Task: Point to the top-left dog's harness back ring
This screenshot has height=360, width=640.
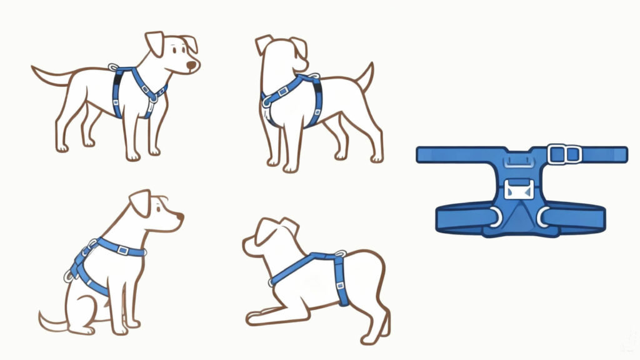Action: [x=113, y=67]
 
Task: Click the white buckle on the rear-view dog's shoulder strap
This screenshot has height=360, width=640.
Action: [x=282, y=92]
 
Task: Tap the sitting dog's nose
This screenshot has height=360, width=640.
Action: [x=180, y=216]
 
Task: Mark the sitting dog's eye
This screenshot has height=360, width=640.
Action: [x=159, y=210]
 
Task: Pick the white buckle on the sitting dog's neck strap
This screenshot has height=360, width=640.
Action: [x=122, y=250]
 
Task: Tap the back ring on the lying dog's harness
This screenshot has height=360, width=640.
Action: [x=340, y=254]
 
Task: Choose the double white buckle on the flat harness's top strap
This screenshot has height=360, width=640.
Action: [x=564, y=154]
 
